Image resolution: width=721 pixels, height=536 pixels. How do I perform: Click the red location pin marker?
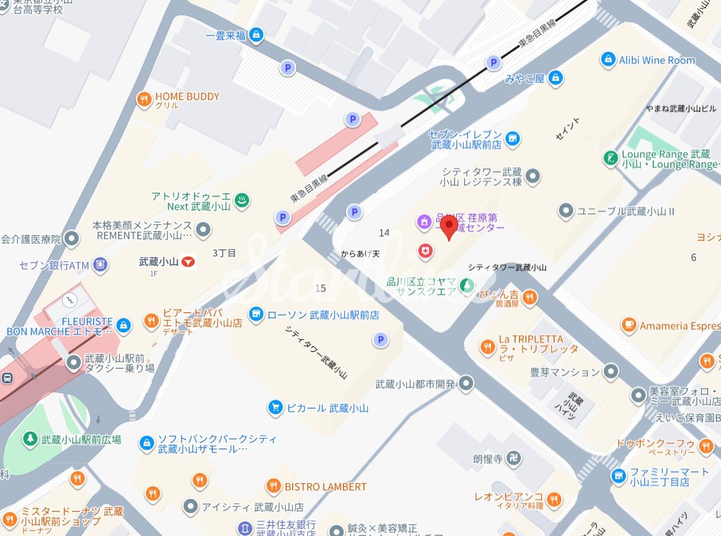449,226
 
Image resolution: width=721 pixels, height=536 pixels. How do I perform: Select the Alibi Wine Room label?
657,60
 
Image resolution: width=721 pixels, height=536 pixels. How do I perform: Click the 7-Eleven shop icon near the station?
512,137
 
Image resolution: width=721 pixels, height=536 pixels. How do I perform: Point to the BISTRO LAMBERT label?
325,486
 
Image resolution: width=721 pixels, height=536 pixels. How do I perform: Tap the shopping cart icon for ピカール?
275,407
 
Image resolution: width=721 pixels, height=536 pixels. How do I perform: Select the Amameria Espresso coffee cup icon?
629,326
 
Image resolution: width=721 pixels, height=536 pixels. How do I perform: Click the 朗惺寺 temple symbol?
514,458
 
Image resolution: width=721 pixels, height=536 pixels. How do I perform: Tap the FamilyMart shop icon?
618,475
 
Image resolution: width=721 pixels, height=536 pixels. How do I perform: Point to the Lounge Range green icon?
611,157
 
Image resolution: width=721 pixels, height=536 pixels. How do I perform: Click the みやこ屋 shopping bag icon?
556,78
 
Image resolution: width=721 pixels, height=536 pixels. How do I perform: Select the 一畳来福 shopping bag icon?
256,34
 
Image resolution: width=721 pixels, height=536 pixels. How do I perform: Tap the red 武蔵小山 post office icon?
187,261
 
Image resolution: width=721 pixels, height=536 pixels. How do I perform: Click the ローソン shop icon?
256,314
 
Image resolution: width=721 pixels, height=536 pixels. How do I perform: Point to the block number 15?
320,288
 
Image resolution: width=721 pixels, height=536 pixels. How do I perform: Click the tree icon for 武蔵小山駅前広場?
29,439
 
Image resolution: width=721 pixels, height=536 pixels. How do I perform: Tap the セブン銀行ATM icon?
99,264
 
